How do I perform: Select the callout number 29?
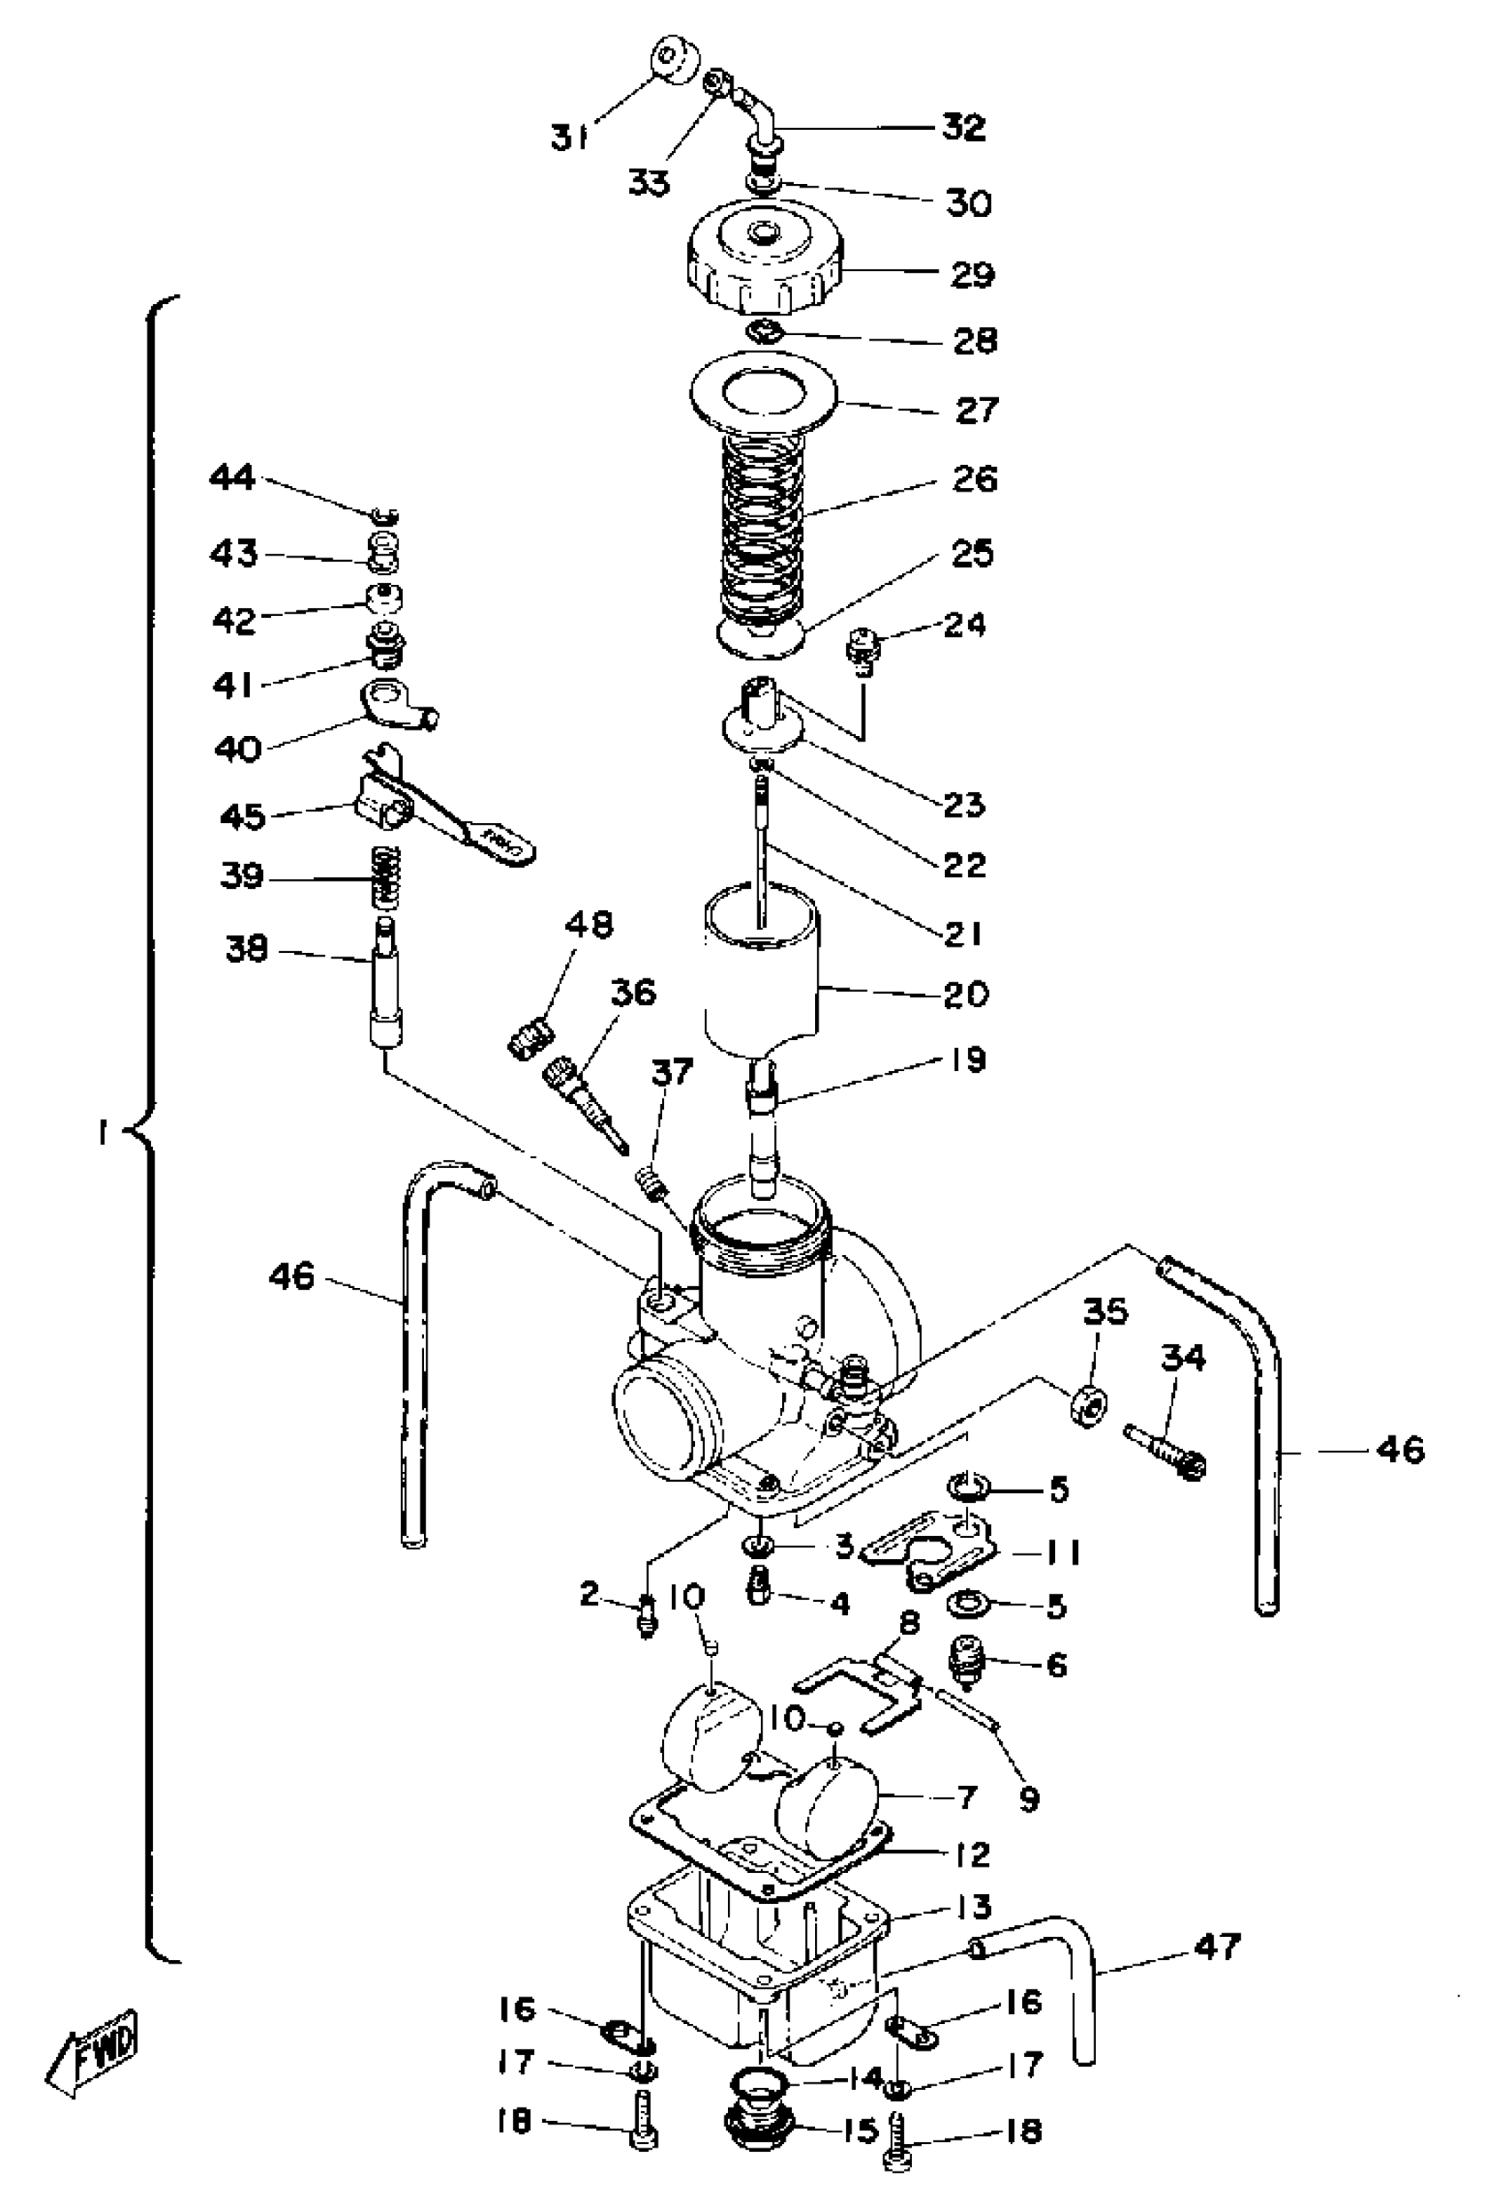pyautogui.click(x=972, y=275)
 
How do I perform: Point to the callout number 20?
pyautogui.click(x=965, y=995)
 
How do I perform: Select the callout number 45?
pyautogui.click(x=243, y=816)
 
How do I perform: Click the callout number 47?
pyautogui.click(x=1217, y=1947)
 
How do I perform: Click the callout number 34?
pyautogui.click(x=1183, y=1358)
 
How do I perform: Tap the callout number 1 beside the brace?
pyautogui.click(x=102, y=1133)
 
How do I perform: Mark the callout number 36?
pyautogui.click(x=634, y=993)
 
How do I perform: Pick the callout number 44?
pyautogui.click(x=233, y=477)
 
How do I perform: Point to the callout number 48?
pyautogui.click(x=589, y=924)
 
